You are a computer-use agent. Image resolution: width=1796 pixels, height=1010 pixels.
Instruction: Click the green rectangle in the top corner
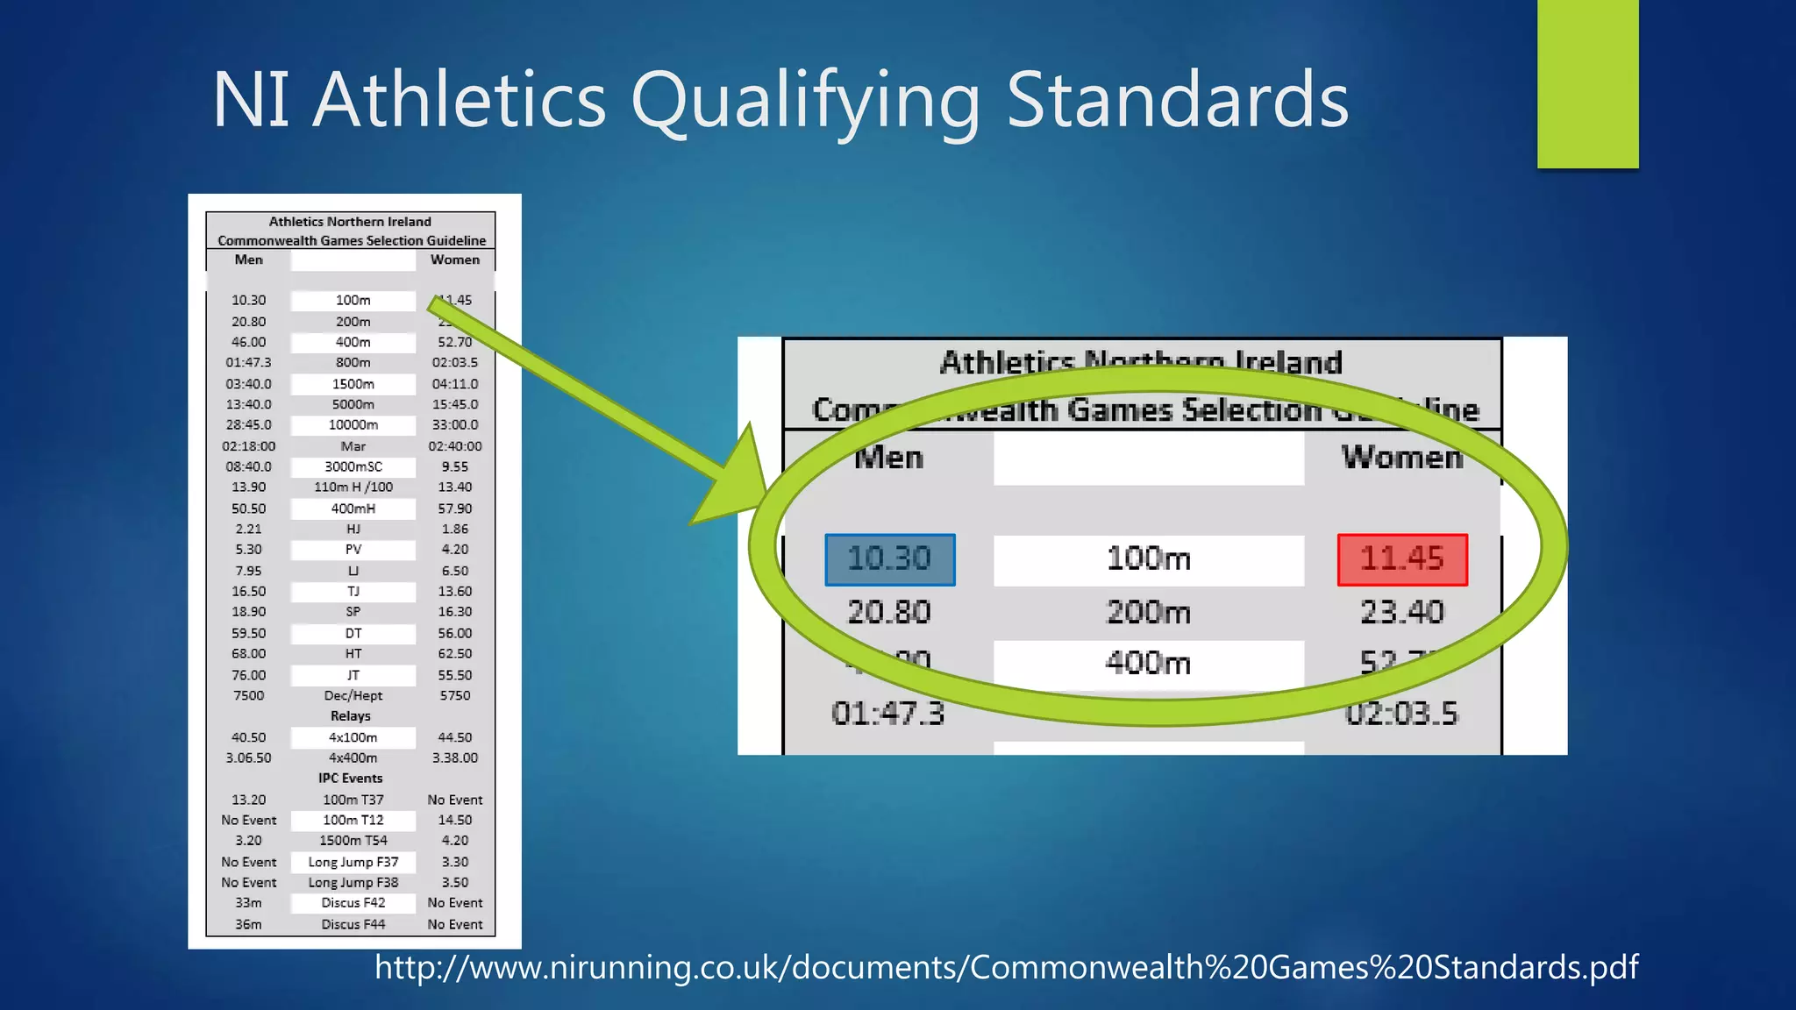point(1587,83)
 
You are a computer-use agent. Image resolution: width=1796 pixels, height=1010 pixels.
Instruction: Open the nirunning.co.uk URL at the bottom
point(1006,967)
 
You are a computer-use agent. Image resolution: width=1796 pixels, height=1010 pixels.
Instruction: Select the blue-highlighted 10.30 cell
point(889,559)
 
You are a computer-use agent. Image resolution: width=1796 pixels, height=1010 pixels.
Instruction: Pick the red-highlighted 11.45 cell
point(1401,559)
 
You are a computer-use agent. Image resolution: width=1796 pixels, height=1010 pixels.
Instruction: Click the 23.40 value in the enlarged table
point(1401,612)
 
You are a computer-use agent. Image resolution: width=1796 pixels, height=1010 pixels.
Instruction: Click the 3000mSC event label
point(353,467)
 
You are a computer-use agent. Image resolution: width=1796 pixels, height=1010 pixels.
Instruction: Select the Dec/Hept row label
point(353,696)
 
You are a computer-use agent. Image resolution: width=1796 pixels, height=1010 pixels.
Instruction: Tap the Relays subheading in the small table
point(351,716)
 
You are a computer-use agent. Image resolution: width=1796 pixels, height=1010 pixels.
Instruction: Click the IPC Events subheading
point(351,779)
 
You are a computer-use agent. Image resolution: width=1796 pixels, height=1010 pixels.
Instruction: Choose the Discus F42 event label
point(353,903)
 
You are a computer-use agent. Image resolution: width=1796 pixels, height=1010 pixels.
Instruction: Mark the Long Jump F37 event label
point(353,863)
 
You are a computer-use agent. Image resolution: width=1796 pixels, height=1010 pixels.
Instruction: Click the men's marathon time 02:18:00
point(249,446)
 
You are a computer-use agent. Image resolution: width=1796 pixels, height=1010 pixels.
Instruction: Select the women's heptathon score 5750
point(455,696)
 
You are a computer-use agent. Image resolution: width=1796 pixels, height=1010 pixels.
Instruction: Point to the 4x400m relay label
point(353,758)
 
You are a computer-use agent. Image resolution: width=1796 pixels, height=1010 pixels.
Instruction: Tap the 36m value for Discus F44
point(249,925)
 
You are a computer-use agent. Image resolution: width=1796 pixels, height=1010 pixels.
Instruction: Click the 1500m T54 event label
point(353,841)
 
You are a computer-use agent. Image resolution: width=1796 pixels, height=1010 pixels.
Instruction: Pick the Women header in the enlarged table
point(1401,458)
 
